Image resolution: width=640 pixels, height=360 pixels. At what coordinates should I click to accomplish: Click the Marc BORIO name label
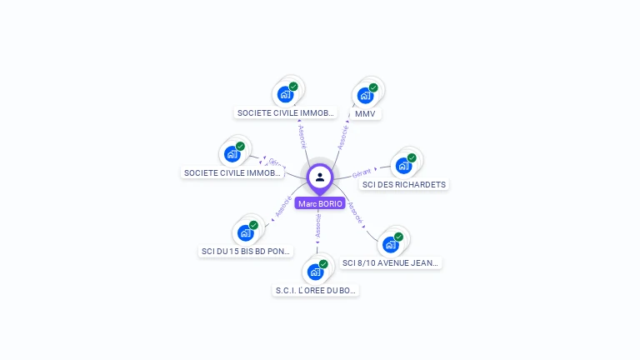(320, 203)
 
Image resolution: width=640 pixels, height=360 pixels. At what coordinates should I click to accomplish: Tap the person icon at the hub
(320, 177)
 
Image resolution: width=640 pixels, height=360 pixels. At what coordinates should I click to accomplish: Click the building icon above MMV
(365, 95)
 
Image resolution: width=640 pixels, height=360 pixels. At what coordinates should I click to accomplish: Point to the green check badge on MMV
(373, 87)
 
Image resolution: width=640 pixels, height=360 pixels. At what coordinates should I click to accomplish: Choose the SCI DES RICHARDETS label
(404, 184)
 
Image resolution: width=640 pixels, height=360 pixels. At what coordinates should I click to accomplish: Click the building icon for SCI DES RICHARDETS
(403, 165)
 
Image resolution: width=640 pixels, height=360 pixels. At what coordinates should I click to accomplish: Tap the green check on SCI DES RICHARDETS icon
(412, 157)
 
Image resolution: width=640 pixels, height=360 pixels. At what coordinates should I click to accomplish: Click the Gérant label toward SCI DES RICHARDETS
(362, 173)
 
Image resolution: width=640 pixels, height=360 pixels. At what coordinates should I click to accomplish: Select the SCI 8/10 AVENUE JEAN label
(390, 262)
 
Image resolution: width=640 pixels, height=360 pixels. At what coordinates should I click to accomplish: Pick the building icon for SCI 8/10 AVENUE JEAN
(389, 244)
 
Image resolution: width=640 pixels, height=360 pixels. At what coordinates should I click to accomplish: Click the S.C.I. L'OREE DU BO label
(316, 290)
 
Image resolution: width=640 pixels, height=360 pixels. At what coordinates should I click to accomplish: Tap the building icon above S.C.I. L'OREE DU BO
(315, 272)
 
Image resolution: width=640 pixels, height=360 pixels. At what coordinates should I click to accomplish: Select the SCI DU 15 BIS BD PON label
(246, 250)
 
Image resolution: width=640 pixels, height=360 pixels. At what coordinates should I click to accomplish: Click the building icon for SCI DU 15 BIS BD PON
(245, 232)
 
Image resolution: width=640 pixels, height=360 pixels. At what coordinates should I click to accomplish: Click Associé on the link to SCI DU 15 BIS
(283, 207)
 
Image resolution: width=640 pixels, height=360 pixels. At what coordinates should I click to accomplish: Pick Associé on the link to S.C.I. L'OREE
(317, 225)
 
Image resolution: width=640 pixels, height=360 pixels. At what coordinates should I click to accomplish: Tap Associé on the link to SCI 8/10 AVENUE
(356, 212)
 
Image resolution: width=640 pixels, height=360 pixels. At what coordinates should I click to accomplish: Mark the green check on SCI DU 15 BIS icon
(253, 225)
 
